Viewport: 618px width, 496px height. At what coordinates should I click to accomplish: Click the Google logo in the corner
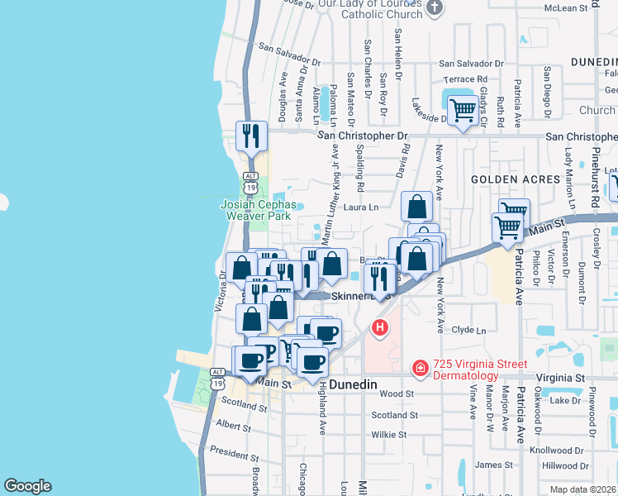[27, 486]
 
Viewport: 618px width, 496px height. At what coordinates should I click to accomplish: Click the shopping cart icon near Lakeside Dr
[463, 109]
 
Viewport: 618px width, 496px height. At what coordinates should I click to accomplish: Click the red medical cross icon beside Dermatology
[420, 366]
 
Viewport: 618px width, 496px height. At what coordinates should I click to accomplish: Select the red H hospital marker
[380, 328]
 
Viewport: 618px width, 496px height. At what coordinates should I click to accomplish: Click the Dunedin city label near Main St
[353, 385]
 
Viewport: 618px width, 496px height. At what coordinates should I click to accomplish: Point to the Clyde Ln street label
[468, 330]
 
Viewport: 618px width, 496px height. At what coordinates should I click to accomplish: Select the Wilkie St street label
[388, 434]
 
